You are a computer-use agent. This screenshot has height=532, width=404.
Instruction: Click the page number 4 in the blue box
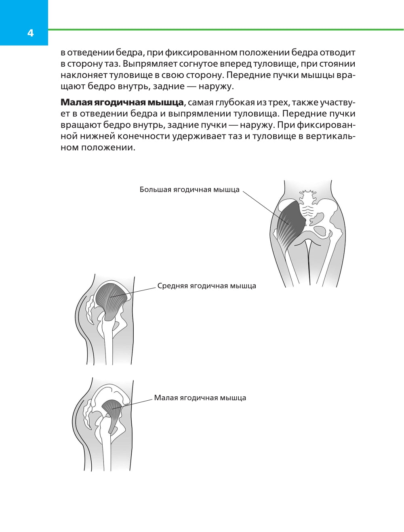coord(30,33)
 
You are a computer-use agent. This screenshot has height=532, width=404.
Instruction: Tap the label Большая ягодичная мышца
coord(189,189)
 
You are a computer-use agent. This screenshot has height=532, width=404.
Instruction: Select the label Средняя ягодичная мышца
coord(206,286)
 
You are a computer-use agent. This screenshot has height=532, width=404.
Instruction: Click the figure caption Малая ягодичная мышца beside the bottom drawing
coord(200,397)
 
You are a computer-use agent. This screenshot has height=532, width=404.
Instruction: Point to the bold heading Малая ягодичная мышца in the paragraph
coord(122,102)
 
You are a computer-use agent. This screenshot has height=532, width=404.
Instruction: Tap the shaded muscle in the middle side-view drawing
coord(110,299)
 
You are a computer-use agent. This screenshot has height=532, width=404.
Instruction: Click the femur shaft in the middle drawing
coord(109,343)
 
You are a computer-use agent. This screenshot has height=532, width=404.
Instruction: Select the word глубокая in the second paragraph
coord(236,103)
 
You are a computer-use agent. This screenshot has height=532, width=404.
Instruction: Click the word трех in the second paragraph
coord(278,103)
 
